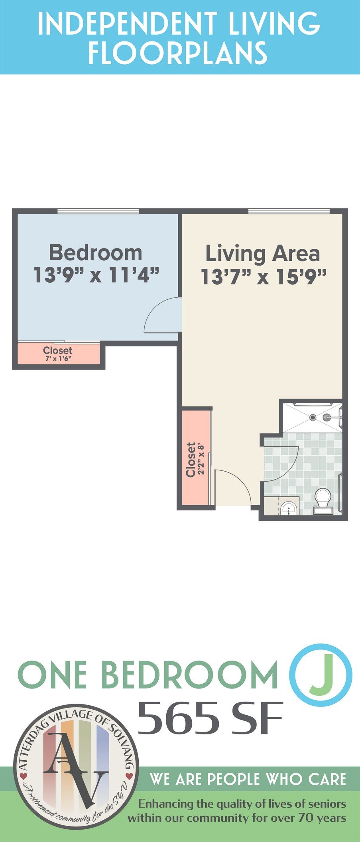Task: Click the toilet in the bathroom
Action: [x=322, y=501]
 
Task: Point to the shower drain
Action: [x=313, y=417]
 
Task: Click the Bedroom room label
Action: [x=96, y=253]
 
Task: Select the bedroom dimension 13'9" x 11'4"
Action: [x=96, y=275]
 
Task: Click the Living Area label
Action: [x=262, y=254]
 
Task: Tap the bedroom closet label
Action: [x=58, y=350]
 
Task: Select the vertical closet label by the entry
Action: [x=191, y=459]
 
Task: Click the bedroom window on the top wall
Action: [x=98, y=211]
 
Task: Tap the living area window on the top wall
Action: [x=289, y=211]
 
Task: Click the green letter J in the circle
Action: [x=321, y=675]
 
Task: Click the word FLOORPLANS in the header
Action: [x=177, y=52]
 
